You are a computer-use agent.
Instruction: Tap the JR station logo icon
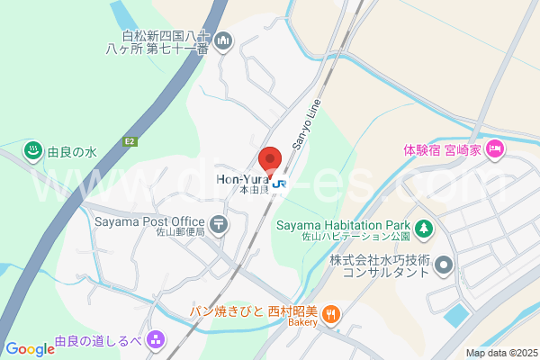click(x=281, y=184)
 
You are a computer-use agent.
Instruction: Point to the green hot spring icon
click(x=33, y=151)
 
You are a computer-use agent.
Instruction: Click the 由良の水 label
click(x=73, y=152)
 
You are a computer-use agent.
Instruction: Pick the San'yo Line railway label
click(x=307, y=122)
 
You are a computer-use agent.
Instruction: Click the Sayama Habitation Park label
click(x=343, y=226)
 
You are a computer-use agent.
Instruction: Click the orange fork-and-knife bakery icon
click(x=332, y=313)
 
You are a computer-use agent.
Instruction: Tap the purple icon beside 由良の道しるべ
click(x=156, y=340)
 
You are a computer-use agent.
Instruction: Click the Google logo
click(x=29, y=349)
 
